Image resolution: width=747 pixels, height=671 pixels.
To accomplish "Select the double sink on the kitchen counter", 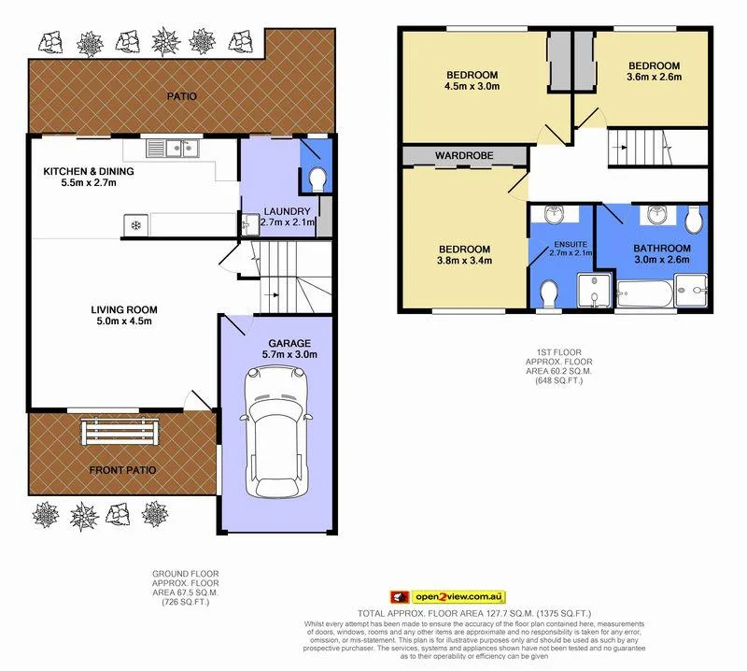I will (x=175, y=147).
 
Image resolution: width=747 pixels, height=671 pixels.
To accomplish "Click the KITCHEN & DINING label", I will (x=90, y=171).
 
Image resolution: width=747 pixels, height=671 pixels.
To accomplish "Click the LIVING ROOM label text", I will (x=124, y=309).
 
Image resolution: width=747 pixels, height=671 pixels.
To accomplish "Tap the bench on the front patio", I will (x=124, y=432).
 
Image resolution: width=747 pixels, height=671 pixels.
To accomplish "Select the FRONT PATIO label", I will (x=121, y=470).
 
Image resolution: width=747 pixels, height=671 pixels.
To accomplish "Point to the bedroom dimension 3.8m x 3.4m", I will (x=464, y=263).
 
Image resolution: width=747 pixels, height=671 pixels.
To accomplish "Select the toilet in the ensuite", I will (x=549, y=293).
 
